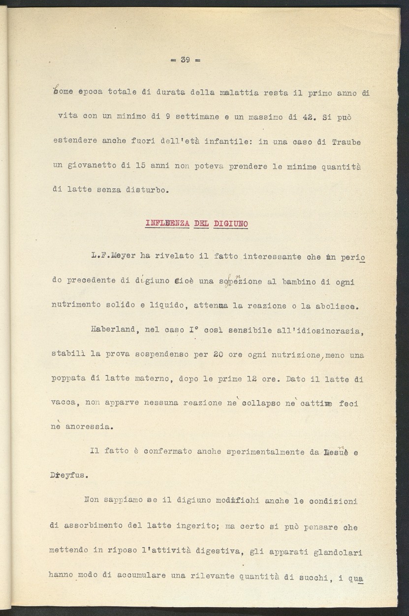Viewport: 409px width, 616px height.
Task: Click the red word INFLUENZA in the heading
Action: click(167, 224)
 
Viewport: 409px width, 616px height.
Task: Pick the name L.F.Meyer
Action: click(112, 256)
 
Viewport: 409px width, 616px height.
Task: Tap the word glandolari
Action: click(338, 552)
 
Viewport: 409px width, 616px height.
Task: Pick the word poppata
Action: click(68, 378)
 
